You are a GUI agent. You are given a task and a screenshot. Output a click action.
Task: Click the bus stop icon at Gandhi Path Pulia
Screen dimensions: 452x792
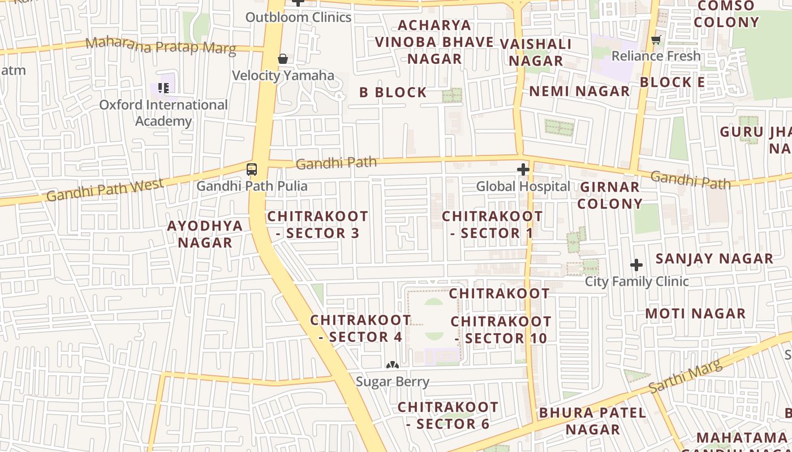click(x=252, y=169)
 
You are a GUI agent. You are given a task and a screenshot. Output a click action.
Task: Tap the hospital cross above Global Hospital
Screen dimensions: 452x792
click(x=523, y=169)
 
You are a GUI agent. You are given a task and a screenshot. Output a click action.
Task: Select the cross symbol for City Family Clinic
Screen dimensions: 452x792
click(x=636, y=264)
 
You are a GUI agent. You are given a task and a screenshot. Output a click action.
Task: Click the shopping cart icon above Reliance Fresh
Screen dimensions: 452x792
click(x=656, y=40)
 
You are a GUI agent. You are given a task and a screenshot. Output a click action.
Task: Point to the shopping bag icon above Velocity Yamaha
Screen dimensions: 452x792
click(x=283, y=59)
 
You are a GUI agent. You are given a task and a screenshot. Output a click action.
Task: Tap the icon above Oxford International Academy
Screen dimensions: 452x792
click(x=163, y=88)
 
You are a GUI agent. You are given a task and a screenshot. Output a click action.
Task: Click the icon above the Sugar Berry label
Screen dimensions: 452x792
click(x=393, y=366)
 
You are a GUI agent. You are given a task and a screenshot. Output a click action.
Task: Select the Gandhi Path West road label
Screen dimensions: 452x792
click(x=105, y=189)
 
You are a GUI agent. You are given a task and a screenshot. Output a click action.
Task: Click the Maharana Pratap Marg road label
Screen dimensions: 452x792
click(x=161, y=45)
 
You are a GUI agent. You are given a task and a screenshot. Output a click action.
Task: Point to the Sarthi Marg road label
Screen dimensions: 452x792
click(x=686, y=377)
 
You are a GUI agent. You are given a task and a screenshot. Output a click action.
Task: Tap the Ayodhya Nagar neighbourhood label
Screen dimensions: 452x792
click(x=205, y=234)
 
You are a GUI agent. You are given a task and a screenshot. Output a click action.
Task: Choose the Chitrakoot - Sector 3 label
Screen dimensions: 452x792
click(x=317, y=224)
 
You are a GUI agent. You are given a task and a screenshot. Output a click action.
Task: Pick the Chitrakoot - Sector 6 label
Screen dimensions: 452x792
click(x=447, y=415)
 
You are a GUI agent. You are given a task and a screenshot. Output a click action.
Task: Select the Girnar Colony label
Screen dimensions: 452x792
click(x=609, y=195)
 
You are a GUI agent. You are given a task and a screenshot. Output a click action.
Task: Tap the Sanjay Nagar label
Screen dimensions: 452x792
click(x=714, y=259)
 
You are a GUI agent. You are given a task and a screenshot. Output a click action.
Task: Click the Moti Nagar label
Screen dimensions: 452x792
click(x=695, y=313)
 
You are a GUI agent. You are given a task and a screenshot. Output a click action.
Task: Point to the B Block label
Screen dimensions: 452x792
click(x=393, y=92)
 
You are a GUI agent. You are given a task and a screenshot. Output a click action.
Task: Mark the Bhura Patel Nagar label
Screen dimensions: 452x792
click(x=592, y=421)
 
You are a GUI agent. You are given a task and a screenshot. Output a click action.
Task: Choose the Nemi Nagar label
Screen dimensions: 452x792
click(x=579, y=91)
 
